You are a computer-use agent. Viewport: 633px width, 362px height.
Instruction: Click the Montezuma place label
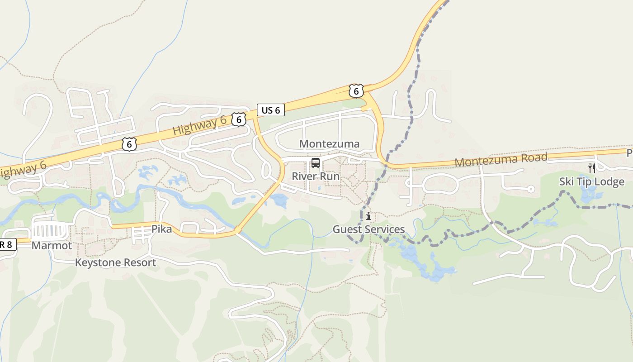pos(329,144)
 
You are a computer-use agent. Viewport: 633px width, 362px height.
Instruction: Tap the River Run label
pos(316,176)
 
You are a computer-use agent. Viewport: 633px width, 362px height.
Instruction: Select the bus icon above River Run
pos(316,163)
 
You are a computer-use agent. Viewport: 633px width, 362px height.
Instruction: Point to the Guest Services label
pos(368,229)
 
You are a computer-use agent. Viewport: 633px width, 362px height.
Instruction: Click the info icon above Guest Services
pos(368,216)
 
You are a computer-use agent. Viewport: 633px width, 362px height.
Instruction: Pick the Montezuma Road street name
pos(501,160)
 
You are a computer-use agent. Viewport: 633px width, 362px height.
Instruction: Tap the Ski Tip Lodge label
pos(591,182)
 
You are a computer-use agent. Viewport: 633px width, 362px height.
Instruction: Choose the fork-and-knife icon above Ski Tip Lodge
pos(591,168)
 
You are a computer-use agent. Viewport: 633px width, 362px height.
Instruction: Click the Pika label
pos(161,229)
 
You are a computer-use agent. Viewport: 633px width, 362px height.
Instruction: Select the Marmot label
pos(52,246)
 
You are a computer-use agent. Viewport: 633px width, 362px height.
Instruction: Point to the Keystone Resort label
pos(115,263)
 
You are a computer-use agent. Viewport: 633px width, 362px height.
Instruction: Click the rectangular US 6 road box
pos(271,110)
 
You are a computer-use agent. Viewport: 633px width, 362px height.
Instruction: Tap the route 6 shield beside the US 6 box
pos(238,119)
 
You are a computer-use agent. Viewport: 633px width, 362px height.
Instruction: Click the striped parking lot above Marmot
pos(51,231)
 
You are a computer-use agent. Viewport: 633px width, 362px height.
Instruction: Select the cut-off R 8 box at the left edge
pos(8,245)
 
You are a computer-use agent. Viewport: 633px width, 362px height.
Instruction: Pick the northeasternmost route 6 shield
pos(356,91)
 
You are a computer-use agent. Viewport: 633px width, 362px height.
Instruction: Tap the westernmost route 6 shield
pos(129,144)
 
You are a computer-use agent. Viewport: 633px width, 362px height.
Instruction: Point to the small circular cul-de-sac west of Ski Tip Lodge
pos(531,189)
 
